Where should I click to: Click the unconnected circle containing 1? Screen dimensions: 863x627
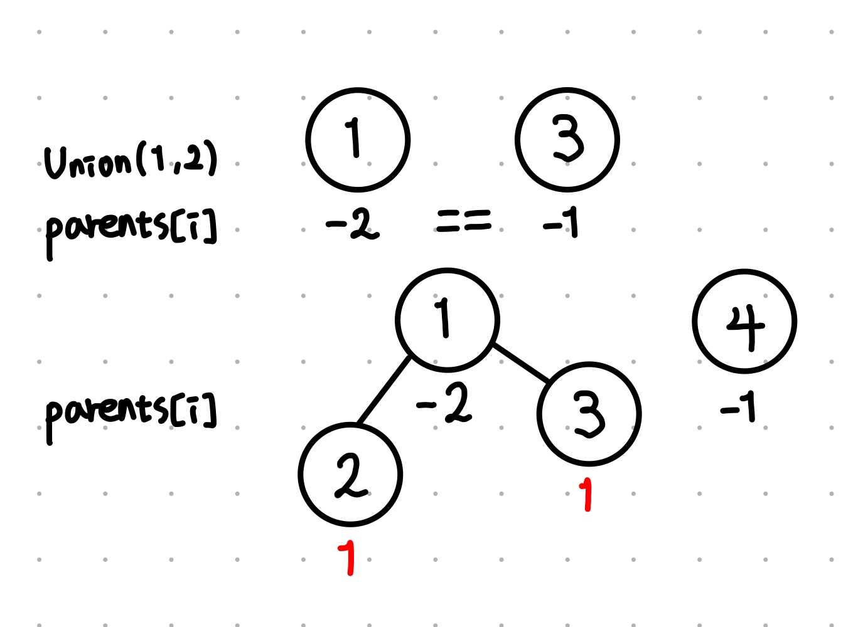358,140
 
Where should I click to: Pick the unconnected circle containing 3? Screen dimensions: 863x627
567,140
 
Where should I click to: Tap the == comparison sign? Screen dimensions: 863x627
464,221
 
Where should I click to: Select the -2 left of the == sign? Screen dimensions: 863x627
353,224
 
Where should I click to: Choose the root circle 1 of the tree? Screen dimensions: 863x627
448,320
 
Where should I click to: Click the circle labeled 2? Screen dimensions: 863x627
350,475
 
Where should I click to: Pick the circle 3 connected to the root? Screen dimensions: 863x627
589,414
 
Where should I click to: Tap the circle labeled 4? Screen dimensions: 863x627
744,322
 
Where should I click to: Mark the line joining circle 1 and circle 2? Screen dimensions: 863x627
383,390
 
